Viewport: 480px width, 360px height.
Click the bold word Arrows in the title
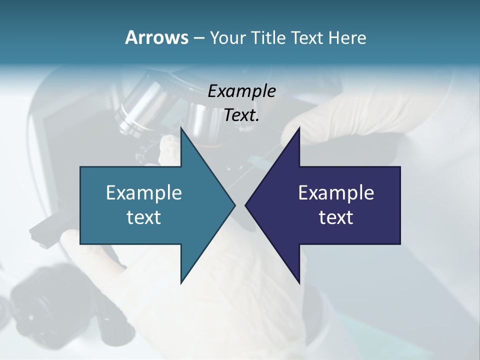(156, 37)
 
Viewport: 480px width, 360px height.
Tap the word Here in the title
(347, 37)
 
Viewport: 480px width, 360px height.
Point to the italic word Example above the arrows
(241, 91)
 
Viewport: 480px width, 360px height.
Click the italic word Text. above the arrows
(241, 115)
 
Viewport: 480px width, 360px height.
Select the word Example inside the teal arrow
(144, 192)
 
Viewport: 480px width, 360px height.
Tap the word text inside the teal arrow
(144, 217)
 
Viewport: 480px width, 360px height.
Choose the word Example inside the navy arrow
(336, 192)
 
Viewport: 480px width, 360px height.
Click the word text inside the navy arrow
(336, 217)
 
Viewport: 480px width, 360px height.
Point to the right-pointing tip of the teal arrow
(234, 205)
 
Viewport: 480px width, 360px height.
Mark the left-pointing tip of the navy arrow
(245, 205)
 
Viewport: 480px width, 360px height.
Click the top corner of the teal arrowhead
(181, 128)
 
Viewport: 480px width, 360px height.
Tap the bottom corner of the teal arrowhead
(181, 283)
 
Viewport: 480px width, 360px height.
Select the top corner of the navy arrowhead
(299, 128)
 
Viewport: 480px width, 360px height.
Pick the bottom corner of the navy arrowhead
(299, 283)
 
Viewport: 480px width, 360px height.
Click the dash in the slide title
(198, 38)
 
